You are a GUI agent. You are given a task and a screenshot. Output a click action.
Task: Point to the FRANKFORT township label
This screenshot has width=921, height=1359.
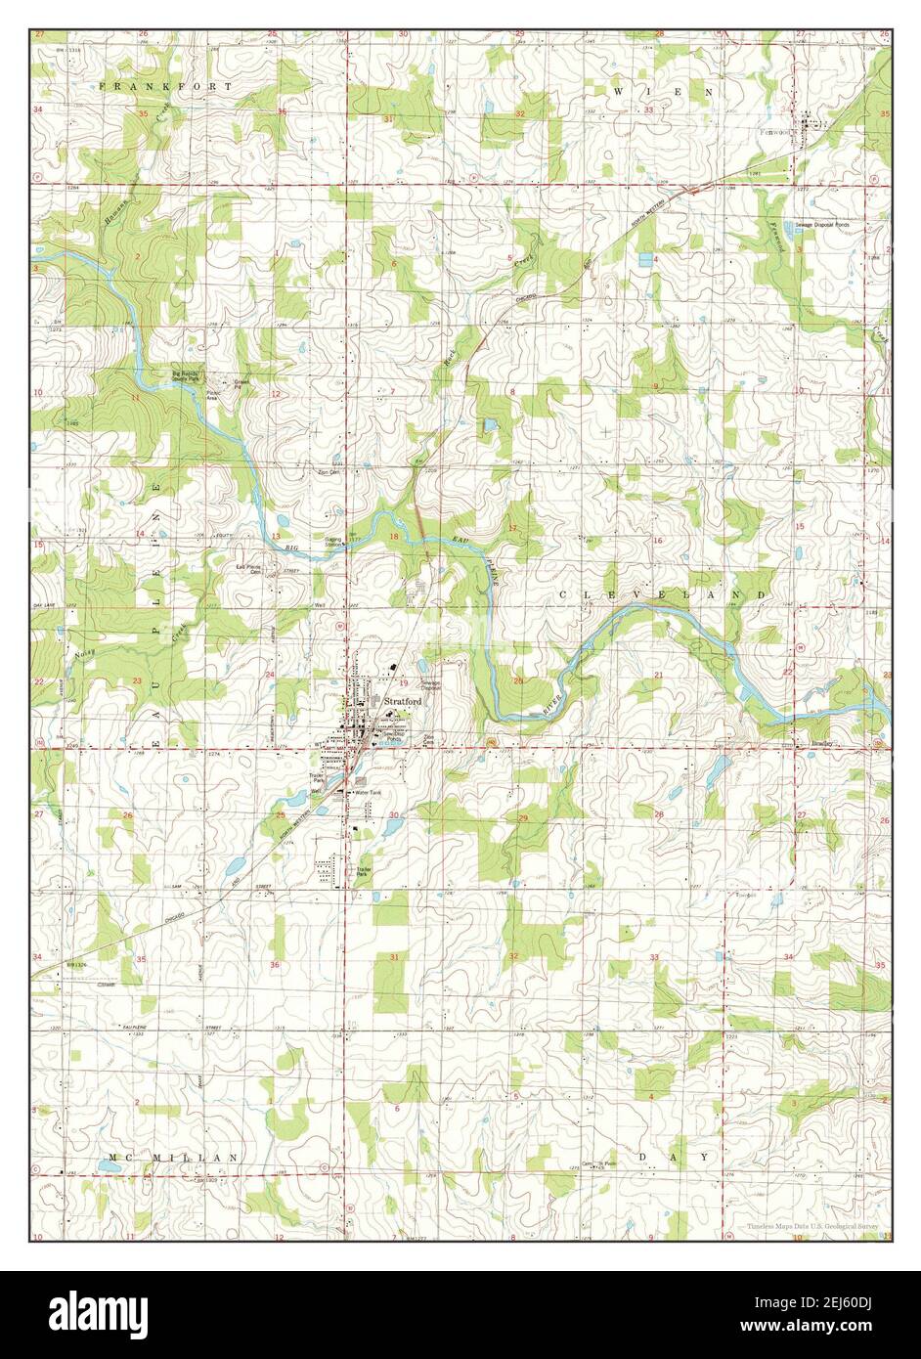[166, 87]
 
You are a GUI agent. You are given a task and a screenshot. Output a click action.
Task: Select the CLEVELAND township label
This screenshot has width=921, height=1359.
[662, 594]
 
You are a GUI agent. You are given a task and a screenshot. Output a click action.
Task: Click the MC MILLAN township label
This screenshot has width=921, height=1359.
[173, 1158]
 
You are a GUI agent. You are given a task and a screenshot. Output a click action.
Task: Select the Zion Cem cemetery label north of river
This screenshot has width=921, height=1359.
[328, 471]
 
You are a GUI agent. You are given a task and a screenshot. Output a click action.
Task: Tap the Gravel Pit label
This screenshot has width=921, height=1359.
[241, 385]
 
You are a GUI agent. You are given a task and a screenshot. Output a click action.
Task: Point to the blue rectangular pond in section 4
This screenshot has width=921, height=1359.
[644, 260]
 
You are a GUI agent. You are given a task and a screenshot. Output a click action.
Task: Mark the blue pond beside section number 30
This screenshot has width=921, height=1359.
[390, 828]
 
